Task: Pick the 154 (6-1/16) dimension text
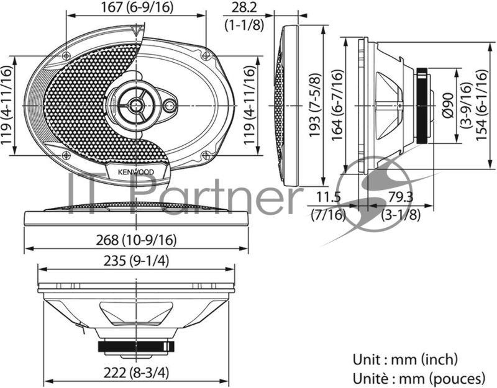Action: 480,105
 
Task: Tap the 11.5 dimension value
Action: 327,198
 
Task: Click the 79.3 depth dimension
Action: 401,198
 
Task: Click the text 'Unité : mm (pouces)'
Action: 418,377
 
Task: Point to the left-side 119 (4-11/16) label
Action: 7,105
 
